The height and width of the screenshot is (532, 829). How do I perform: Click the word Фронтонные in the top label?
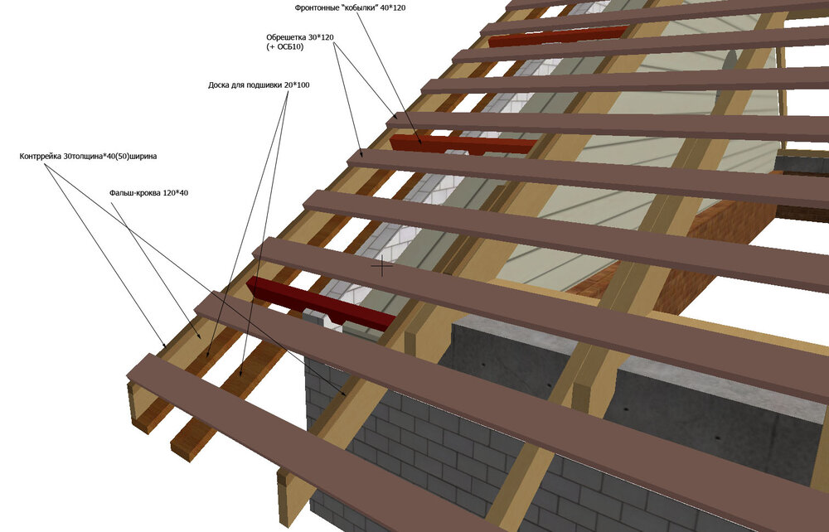click(318, 7)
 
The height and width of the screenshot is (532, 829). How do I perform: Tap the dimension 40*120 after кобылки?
click(393, 7)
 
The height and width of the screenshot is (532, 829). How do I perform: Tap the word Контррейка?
click(41, 155)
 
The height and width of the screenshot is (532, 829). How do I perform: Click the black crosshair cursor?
click(381, 267)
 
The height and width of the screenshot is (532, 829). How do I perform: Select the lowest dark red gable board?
click(319, 303)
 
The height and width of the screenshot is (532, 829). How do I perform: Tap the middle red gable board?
click(461, 144)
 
